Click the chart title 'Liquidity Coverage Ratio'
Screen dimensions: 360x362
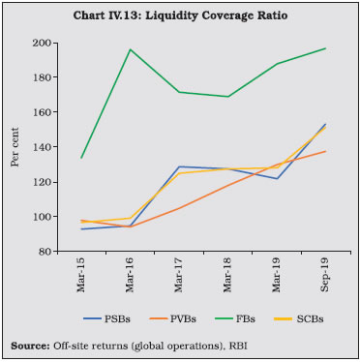(217, 15)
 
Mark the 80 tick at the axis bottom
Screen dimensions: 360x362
(46, 252)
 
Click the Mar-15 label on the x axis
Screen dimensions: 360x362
(81, 275)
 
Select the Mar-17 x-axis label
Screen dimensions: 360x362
(179, 275)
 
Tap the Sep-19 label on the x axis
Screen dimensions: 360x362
(325, 275)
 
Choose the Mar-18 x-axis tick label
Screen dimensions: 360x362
(227, 275)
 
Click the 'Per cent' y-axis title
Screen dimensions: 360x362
(15, 147)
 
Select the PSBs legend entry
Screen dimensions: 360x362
(106, 319)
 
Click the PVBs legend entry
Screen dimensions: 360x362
(173, 319)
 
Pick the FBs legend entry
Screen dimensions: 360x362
(235, 319)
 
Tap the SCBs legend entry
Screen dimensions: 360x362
(299, 319)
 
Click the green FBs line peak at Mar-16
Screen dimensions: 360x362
(130, 49)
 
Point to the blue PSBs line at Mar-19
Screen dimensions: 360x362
(278, 178)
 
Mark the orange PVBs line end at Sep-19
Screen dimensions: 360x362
(326, 151)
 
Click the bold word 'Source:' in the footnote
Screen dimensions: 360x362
(30, 347)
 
